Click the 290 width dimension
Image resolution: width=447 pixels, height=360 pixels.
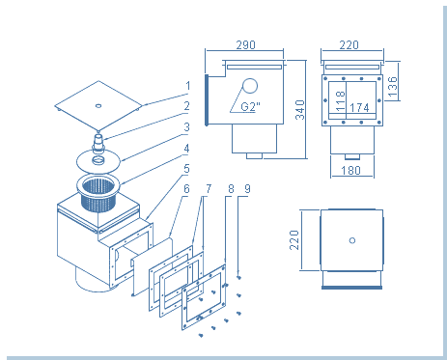click(x=245, y=45)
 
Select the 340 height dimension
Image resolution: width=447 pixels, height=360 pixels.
click(x=300, y=110)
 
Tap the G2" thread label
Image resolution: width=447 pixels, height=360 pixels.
click(x=250, y=106)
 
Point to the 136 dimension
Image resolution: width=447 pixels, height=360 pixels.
click(x=393, y=87)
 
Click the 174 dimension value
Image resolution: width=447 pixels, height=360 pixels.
click(x=359, y=107)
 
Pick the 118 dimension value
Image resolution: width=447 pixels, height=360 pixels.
click(x=340, y=100)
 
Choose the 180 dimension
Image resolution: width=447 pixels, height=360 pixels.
click(x=350, y=170)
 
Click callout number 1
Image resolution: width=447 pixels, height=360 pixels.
click(x=188, y=86)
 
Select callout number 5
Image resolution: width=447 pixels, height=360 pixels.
click(x=186, y=169)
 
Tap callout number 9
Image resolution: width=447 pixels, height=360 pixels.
click(x=247, y=189)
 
